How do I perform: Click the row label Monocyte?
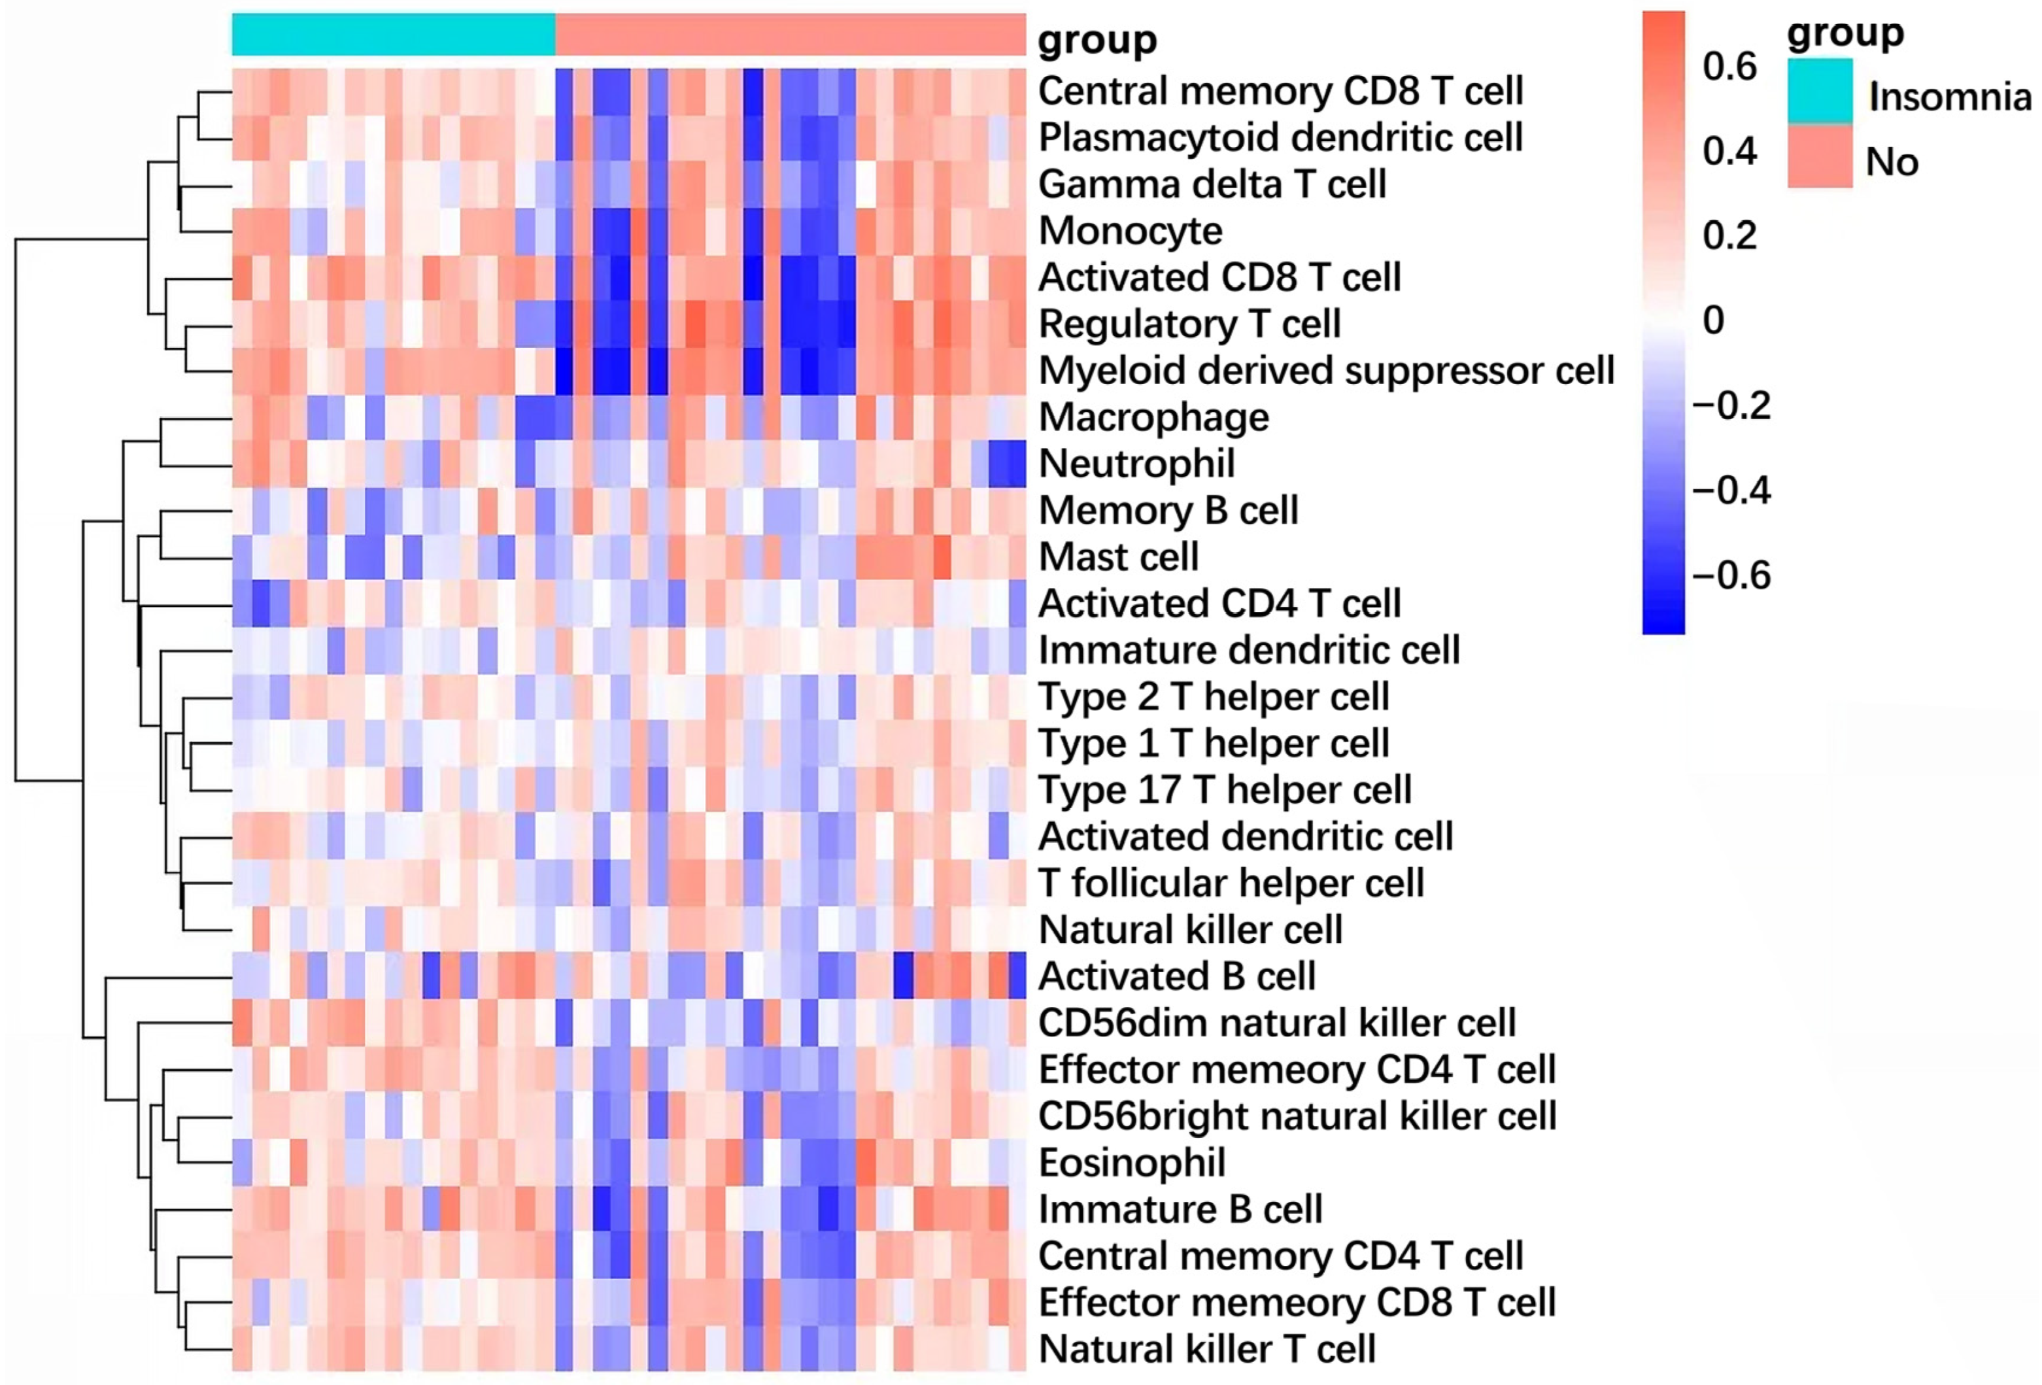click(x=1130, y=231)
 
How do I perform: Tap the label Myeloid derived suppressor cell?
click(x=1326, y=371)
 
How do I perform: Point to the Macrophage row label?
click(x=1153, y=417)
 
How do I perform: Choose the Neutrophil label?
click(x=1136, y=464)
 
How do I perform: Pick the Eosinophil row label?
click(x=1132, y=1163)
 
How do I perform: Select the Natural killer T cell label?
click(x=1206, y=1349)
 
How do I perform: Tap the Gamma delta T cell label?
click(x=1212, y=184)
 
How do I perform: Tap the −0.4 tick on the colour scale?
click(x=1731, y=490)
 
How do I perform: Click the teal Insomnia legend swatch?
click(x=1820, y=90)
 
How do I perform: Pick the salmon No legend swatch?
click(x=1820, y=156)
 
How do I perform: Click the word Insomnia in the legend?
click(x=1950, y=97)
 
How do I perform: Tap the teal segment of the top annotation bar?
click(x=393, y=34)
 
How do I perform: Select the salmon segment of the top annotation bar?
click(x=790, y=34)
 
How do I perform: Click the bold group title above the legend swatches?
click(x=1845, y=33)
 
